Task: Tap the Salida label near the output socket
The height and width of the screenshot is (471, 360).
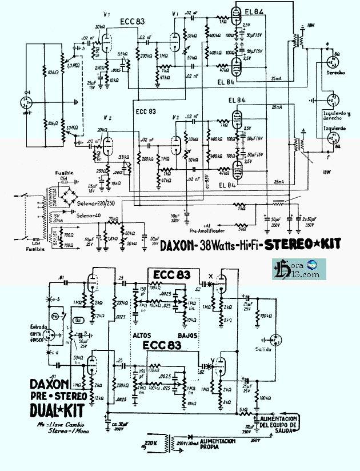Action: [x=264, y=348]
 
